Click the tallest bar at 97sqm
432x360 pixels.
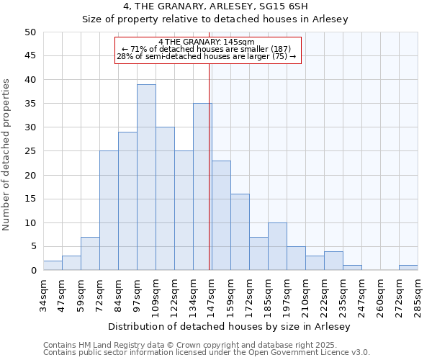pos(146,177)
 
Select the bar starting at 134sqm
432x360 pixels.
pos(202,186)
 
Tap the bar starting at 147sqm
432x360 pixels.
pos(221,215)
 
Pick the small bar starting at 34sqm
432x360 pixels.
pos(53,266)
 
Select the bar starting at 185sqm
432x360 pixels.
pos(277,246)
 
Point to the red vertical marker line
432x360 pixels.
pos(210,180)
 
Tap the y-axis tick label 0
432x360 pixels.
pos(32,271)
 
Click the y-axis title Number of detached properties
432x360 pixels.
pos(7,155)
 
